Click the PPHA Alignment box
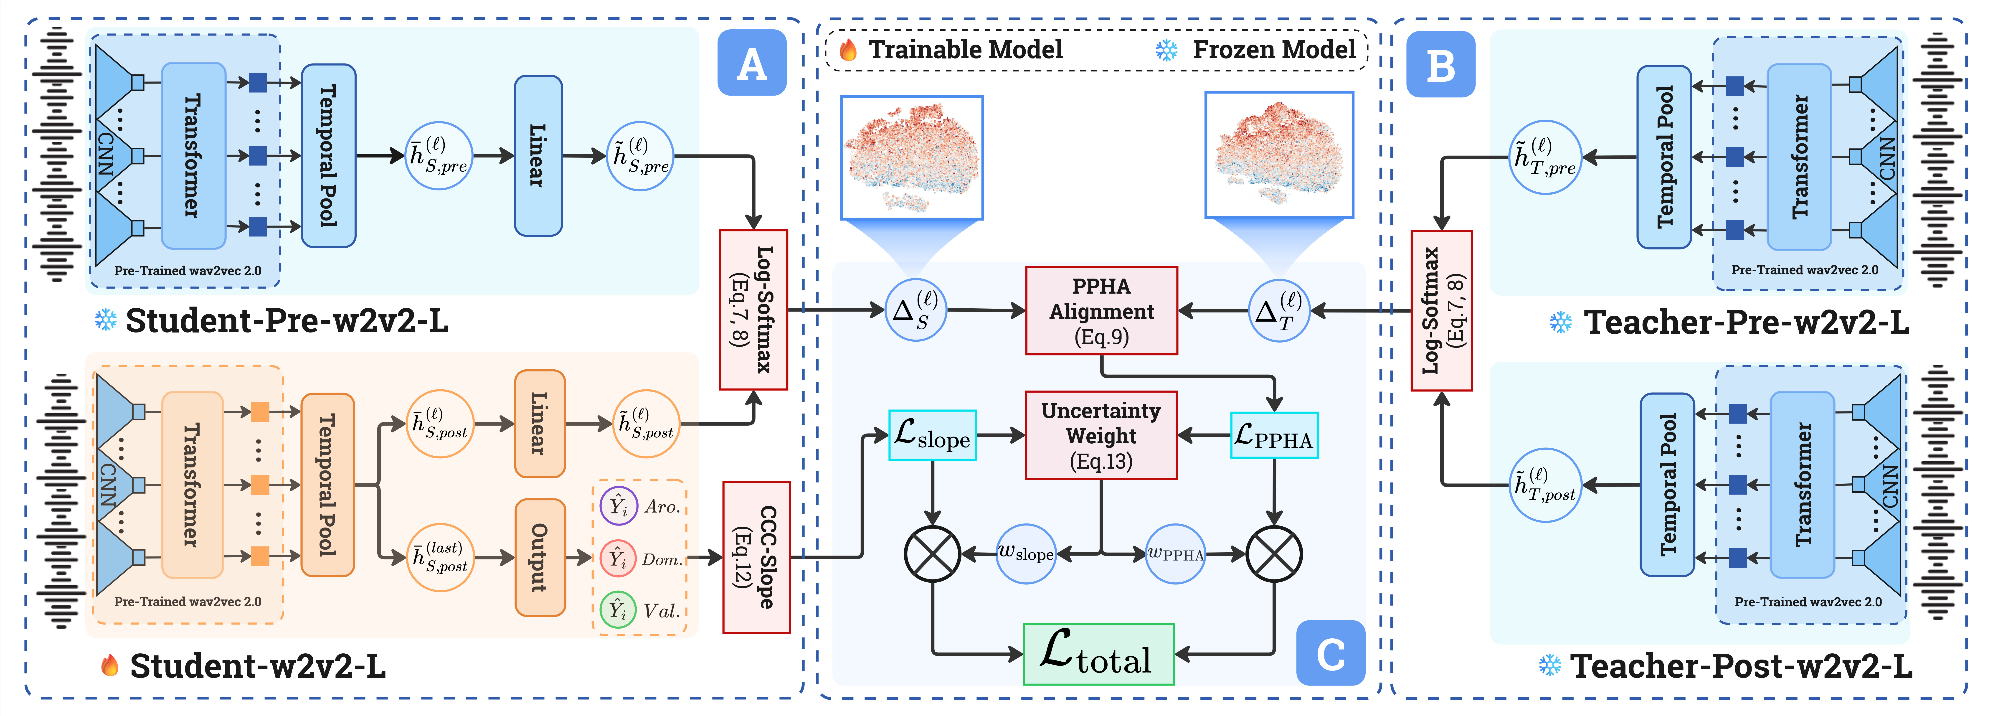1101,311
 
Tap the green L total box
1099,654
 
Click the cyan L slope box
932,435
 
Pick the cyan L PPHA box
1273,435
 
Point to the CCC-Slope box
756,557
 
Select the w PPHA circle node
1175,554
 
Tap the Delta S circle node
915,310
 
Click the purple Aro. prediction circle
618,506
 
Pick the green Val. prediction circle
618,610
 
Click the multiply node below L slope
932,554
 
